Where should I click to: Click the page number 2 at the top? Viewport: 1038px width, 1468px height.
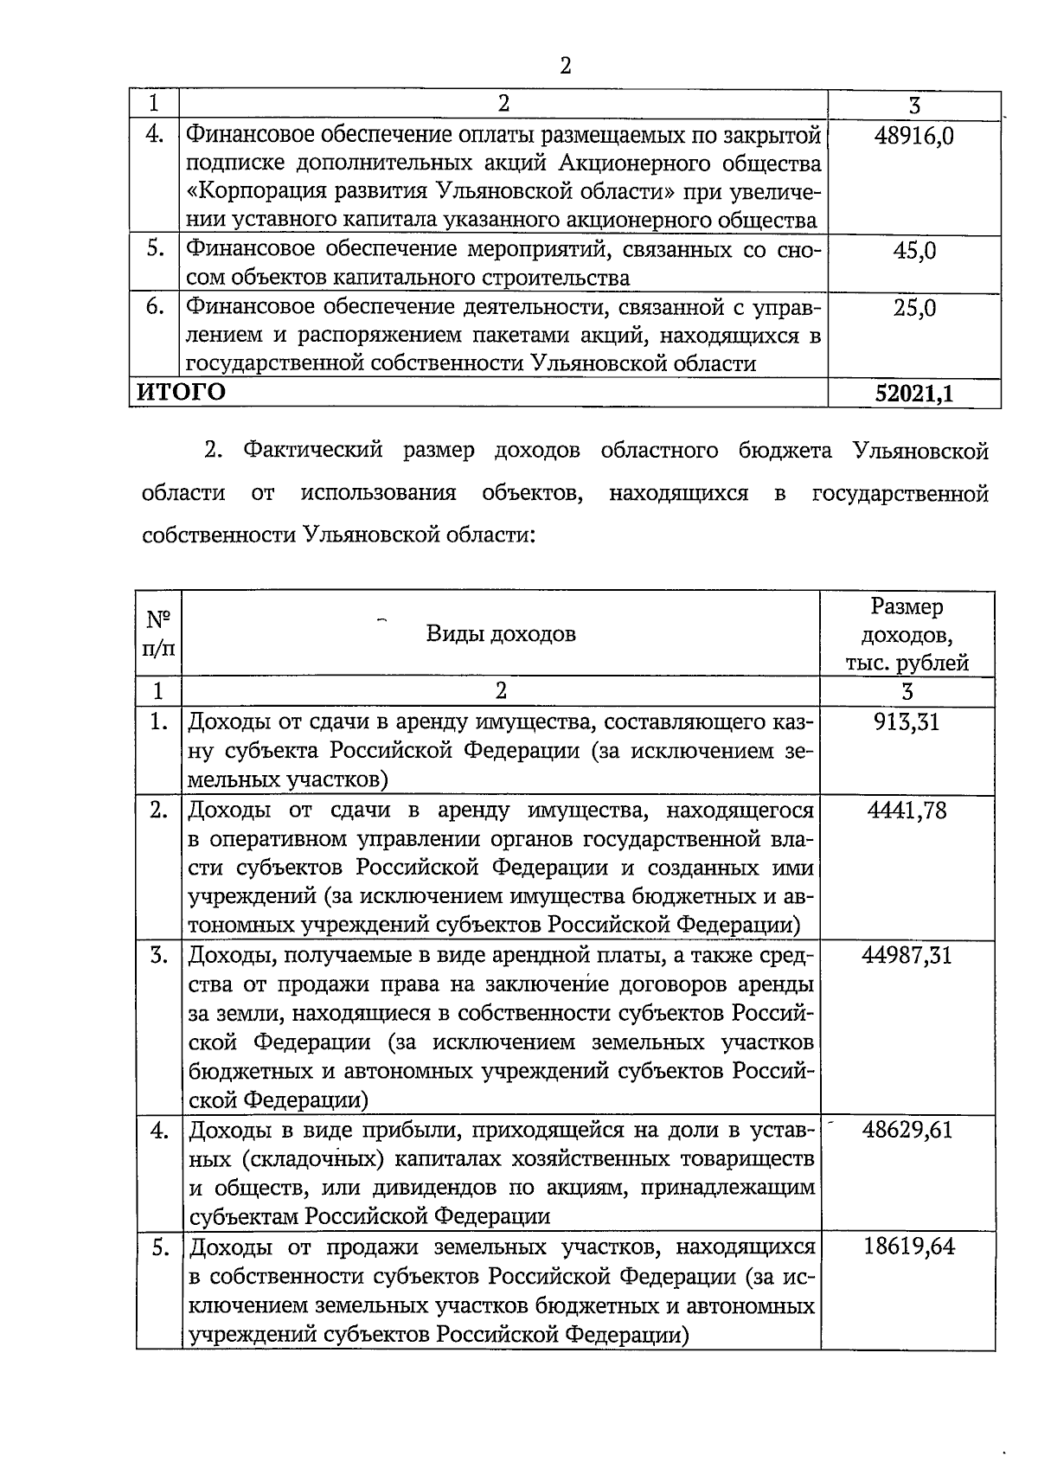[x=565, y=66]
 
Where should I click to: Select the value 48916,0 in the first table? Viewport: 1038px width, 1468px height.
[x=914, y=136]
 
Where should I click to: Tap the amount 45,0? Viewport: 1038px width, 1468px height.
[x=914, y=251]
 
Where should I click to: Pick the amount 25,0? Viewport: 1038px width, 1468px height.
[x=914, y=308]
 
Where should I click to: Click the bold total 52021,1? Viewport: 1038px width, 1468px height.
[x=913, y=394]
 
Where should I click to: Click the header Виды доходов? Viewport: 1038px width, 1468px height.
[x=501, y=634]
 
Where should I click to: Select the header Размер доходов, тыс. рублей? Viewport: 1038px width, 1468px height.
[x=907, y=635]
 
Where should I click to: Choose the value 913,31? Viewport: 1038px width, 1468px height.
[x=907, y=721]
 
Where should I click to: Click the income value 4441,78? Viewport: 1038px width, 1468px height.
[x=907, y=810]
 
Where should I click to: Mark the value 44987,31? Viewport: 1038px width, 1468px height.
[x=907, y=955]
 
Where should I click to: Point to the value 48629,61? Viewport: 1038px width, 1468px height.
[x=907, y=1130]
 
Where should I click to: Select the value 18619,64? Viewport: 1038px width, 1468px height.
[x=908, y=1247]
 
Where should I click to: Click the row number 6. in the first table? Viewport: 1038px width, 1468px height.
[x=155, y=308]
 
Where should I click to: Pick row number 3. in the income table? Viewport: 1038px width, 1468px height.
[x=158, y=955]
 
